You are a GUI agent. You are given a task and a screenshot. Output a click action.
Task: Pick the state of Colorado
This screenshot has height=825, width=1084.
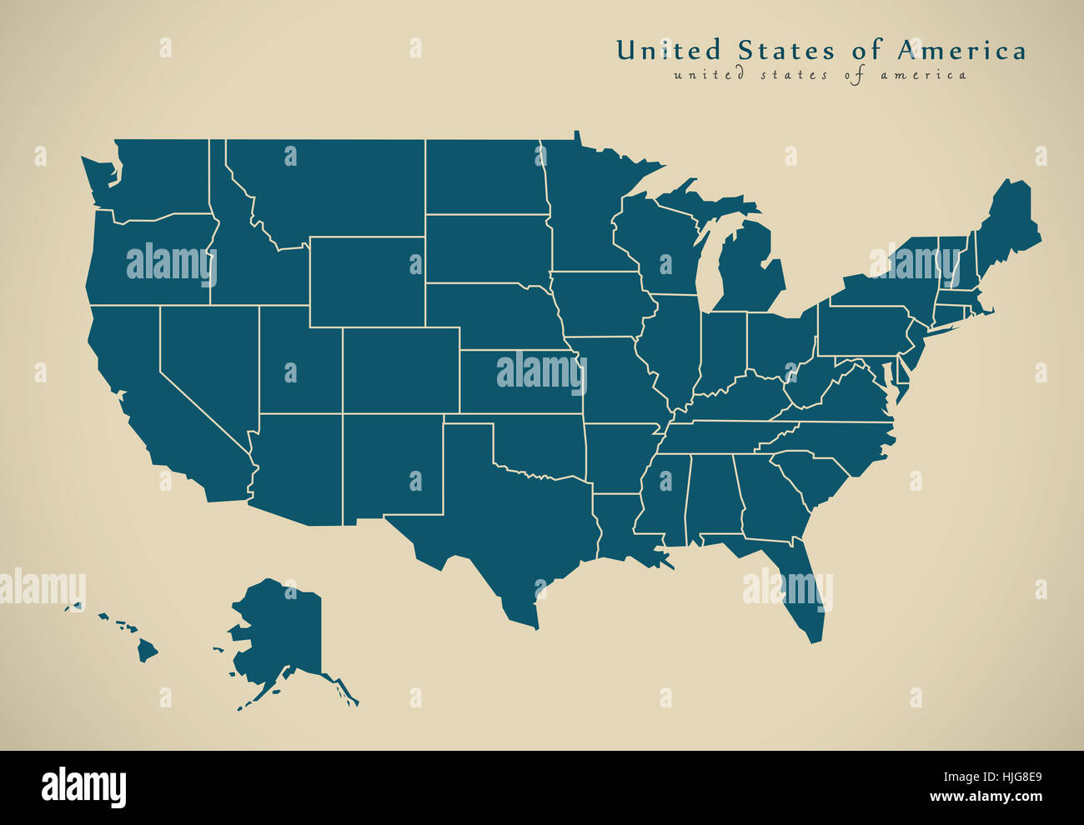click(400, 370)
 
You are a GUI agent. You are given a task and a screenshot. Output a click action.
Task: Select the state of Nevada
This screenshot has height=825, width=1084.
click(208, 358)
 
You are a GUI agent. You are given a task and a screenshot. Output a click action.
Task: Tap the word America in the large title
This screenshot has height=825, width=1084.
click(961, 51)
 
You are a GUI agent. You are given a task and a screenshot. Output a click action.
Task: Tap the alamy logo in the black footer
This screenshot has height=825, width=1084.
click(84, 787)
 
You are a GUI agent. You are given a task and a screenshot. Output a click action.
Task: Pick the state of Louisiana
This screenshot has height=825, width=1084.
click(617, 529)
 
